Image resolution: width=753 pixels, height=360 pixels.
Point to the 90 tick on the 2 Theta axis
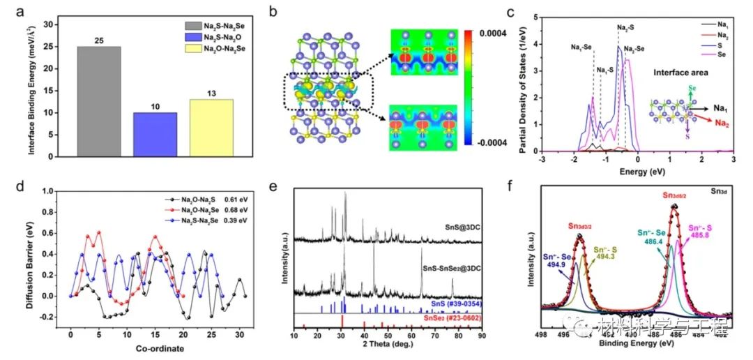(x=481, y=336)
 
